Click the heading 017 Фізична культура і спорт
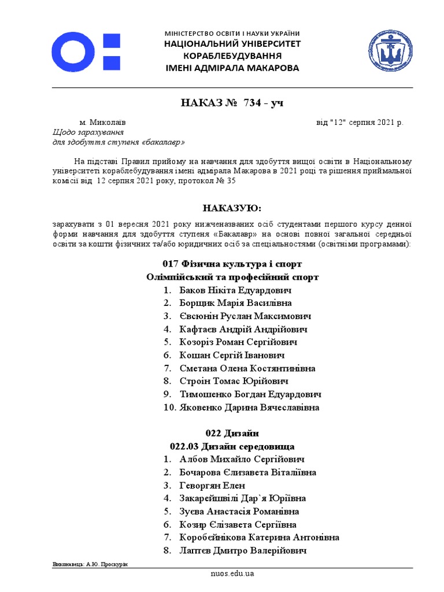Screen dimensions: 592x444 pyautogui.click(x=232, y=264)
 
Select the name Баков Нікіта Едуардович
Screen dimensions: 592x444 pyautogui.click(x=235, y=290)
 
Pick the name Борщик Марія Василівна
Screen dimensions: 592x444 pyautogui.click(x=235, y=303)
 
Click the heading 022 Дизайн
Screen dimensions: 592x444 pyautogui.click(x=232, y=433)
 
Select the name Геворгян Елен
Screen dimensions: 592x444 pyautogui.click(x=212, y=486)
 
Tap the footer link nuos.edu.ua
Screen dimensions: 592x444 pyautogui.click(x=232, y=573)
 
